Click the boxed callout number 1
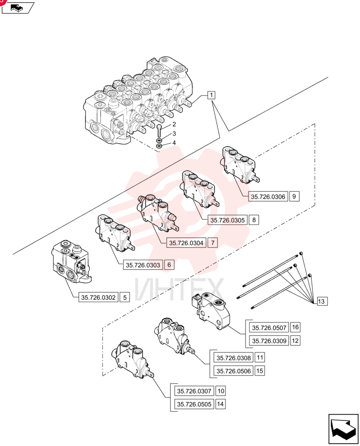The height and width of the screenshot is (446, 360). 211,95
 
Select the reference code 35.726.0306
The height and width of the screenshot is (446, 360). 268,197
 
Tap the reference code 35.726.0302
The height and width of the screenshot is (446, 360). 98,297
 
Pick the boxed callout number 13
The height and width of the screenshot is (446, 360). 321,301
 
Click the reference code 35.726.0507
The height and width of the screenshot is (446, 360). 269,327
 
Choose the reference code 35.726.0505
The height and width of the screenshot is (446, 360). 194,404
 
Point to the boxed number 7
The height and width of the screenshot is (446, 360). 213,243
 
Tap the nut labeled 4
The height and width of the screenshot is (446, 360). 159,146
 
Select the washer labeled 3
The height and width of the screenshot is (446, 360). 159,140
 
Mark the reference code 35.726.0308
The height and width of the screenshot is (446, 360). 233,358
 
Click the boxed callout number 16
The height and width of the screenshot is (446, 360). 295,327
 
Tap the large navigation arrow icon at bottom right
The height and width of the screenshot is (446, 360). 344,429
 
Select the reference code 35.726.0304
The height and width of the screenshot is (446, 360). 186,243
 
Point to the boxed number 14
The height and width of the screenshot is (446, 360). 220,404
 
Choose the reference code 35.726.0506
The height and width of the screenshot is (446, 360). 233,371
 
